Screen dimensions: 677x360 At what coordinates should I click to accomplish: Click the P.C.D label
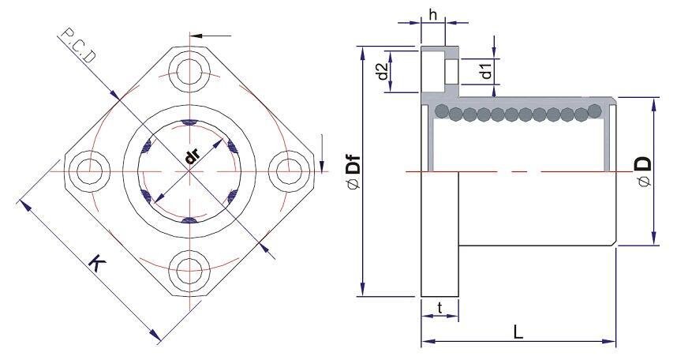coord(77,45)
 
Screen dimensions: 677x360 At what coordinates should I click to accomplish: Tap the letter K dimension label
coord(98,263)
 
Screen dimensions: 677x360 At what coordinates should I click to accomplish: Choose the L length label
coord(518,332)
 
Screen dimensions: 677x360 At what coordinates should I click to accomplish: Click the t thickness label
coord(439,308)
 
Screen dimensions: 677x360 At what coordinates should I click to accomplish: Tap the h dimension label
coord(433,15)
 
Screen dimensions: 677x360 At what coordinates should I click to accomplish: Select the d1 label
coord(486,70)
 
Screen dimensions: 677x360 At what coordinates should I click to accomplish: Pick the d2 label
coord(382,71)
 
